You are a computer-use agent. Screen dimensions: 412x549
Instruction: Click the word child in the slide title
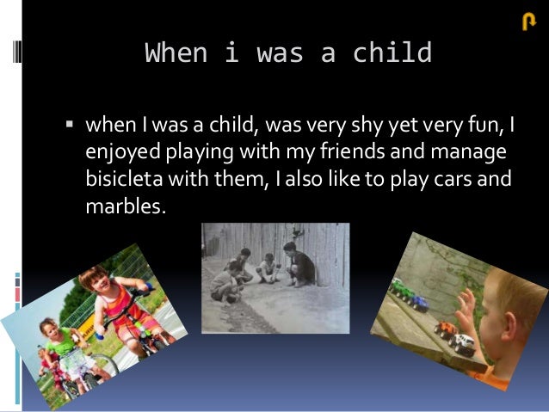[x=392, y=53]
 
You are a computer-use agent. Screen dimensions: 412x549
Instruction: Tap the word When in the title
[x=176, y=53]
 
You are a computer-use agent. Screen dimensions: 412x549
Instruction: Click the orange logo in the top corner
[x=529, y=23]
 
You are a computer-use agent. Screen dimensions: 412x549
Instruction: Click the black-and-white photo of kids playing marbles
[x=275, y=277]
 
